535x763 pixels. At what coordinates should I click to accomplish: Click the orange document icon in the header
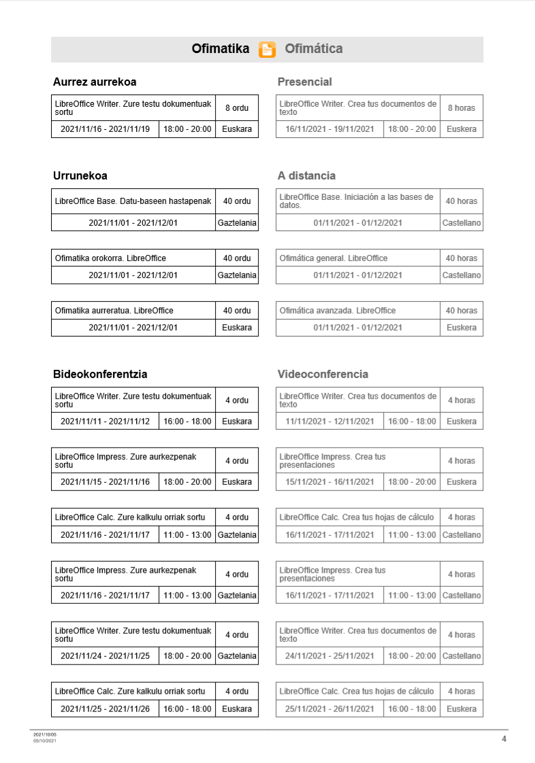click(x=267, y=50)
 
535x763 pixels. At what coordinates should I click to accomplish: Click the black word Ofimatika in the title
click(x=220, y=49)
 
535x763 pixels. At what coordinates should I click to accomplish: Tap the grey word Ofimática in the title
click(x=313, y=49)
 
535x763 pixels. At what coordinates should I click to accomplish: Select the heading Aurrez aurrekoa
click(x=95, y=82)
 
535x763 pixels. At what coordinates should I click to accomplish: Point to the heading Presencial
click(x=304, y=82)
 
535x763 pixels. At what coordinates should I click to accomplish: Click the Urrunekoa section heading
click(x=80, y=176)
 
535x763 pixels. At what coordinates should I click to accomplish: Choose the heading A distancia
click(x=306, y=176)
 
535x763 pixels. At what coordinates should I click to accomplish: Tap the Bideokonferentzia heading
click(x=100, y=375)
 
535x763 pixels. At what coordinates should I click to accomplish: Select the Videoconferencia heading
click(x=323, y=375)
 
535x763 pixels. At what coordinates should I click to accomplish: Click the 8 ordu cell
click(x=237, y=108)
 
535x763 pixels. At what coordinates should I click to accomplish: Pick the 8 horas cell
click(x=461, y=108)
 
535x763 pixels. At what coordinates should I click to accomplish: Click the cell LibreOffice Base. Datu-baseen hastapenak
click(x=133, y=201)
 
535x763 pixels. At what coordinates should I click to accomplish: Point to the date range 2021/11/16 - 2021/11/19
click(x=106, y=129)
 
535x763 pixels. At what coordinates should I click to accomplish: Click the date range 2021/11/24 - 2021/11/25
click(x=106, y=656)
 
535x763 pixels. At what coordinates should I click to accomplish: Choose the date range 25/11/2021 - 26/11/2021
click(x=330, y=709)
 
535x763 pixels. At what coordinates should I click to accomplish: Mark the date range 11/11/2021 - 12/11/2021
click(x=330, y=422)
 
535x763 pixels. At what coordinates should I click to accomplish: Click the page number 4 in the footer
click(x=504, y=739)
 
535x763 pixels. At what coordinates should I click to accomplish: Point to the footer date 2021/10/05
click(x=45, y=735)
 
